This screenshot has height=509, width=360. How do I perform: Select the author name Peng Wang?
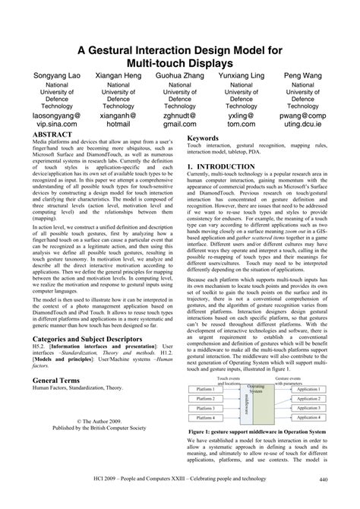click(x=302, y=76)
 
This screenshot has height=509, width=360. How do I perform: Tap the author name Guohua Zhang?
click(x=179, y=76)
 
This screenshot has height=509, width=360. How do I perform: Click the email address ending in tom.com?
click(x=241, y=122)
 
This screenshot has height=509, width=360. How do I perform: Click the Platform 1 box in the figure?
click(x=205, y=387)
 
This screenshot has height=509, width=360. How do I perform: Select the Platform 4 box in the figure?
click(x=205, y=417)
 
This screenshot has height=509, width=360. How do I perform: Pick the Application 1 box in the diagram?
click(x=311, y=387)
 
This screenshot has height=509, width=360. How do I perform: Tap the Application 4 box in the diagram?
click(x=311, y=417)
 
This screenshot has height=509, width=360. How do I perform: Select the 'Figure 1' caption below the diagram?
click(x=264, y=432)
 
